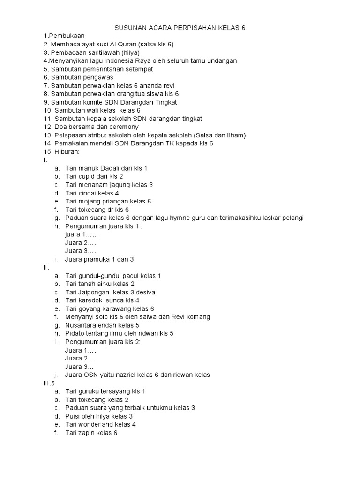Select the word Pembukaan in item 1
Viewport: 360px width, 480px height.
64,36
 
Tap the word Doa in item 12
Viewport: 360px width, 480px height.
61,127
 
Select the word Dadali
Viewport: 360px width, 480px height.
111,168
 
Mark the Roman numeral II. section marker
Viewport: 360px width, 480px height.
46,267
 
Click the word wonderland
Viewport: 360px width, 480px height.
97,425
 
